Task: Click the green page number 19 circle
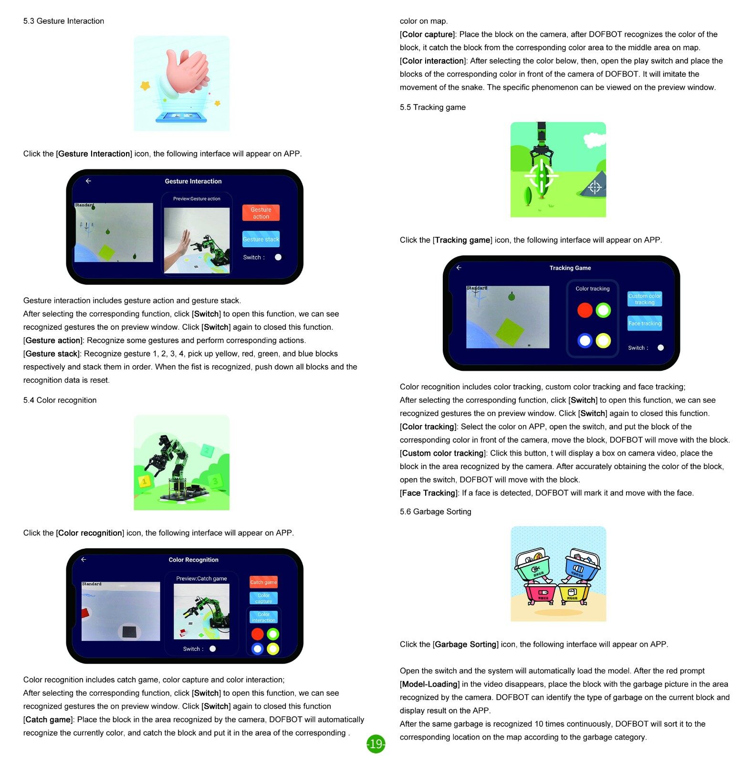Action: point(376,743)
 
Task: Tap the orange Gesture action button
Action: point(261,213)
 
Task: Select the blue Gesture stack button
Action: point(261,239)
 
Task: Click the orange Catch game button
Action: point(263,582)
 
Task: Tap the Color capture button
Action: point(263,598)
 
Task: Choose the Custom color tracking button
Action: point(644,299)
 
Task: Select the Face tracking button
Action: point(644,323)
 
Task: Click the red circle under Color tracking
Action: point(585,310)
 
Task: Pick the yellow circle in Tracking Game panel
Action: point(603,340)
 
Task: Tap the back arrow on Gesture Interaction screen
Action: point(88,181)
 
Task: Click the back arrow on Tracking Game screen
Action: point(459,268)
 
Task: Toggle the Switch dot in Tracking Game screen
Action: point(660,347)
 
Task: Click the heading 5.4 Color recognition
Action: point(60,400)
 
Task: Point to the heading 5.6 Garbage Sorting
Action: point(435,512)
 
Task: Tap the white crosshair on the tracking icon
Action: point(542,176)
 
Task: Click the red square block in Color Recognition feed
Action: point(85,614)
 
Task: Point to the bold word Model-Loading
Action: point(429,684)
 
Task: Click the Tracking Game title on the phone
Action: point(570,268)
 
